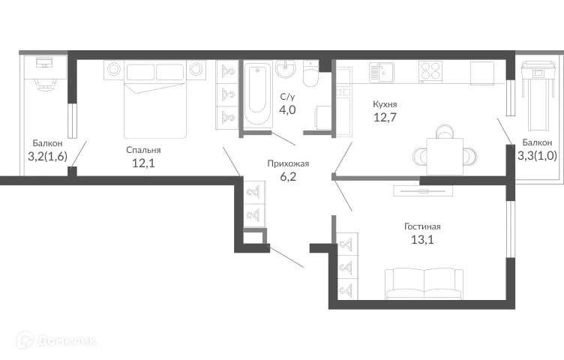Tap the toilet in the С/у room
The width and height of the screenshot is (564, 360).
pos(310,76)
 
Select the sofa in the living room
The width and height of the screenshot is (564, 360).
pos(424,283)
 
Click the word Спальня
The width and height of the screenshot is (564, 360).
pos(142,150)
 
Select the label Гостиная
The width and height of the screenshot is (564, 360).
pos(421,226)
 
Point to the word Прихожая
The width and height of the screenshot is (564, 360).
pos(288,163)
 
